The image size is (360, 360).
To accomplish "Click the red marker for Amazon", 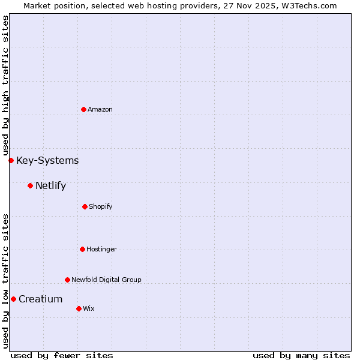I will tap(83, 109).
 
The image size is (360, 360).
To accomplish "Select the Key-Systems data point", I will tap(11, 160).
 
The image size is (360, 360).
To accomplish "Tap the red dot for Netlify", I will tap(30, 185).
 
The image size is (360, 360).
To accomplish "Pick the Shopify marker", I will tap(85, 206).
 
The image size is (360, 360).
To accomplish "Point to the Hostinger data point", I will tap(82, 249).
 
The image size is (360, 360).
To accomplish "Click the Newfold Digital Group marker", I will tap(67, 280).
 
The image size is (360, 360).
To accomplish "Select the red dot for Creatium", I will tap(13, 299).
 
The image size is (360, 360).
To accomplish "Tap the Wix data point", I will tap(79, 308).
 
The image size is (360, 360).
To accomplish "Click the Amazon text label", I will tap(100, 109).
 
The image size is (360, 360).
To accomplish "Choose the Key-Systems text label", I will tap(47, 160).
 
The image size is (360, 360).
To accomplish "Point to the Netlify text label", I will tap(50, 185).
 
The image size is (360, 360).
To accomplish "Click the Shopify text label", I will tap(101, 206).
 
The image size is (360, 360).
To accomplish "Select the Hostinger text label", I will tap(101, 249).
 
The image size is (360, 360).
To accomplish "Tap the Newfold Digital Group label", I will tap(106, 280).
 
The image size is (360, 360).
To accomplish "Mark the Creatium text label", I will tap(40, 299).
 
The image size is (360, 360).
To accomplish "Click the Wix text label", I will tap(89, 308).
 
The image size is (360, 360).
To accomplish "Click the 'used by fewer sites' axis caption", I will tap(62, 355).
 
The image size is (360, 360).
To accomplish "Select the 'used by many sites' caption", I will tap(301, 355).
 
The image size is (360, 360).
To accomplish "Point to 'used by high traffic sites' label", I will tap(5, 85).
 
